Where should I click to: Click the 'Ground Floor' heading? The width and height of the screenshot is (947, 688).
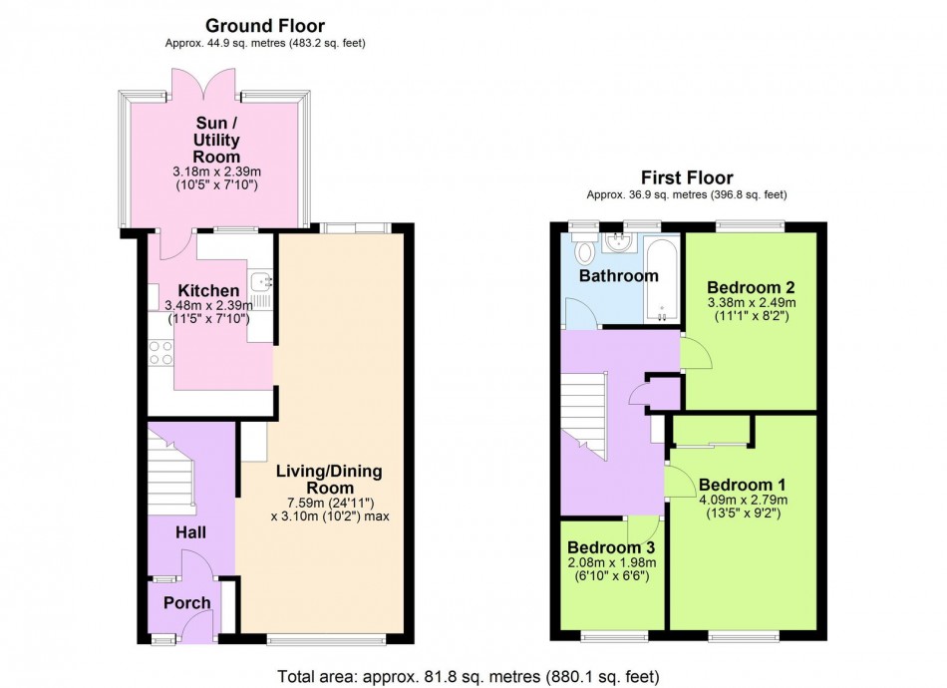pyautogui.click(x=265, y=25)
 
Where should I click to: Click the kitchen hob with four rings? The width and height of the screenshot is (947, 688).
pyautogui.click(x=159, y=354)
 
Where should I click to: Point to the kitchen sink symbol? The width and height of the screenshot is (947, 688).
pyautogui.click(x=260, y=283)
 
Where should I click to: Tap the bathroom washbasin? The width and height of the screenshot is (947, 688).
pyautogui.click(x=617, y=241)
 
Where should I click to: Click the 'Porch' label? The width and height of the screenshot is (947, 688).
pyautogui.click(x=187, y=602)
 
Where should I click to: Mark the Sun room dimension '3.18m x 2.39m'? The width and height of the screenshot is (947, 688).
pyautogui.click(x=216, y=172)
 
